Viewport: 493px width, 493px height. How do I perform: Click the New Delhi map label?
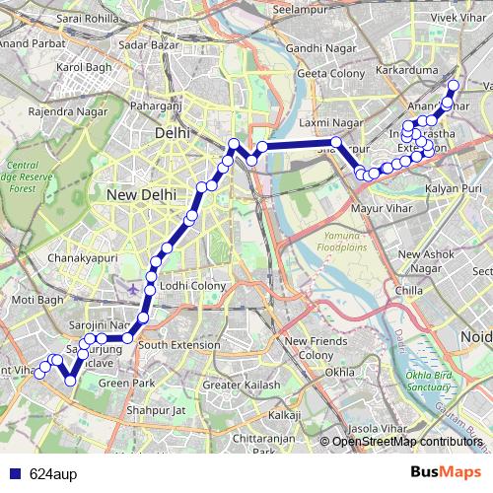pos(140,195)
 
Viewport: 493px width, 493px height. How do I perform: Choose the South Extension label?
pos(178,345)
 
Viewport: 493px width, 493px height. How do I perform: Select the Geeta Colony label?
pos(329,74)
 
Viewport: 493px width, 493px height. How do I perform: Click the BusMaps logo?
pos(453,473)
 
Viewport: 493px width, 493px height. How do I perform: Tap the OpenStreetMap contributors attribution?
pos(407,441)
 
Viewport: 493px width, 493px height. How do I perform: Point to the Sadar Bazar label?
pos(140,44)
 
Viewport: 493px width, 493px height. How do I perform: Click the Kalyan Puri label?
pos(453,187)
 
